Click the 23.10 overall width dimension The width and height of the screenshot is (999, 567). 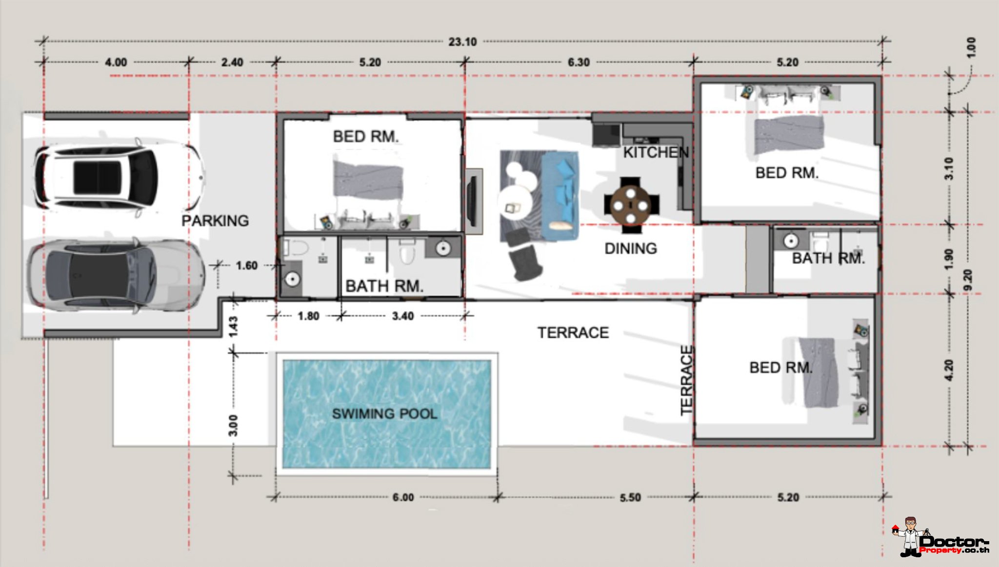[462, 42]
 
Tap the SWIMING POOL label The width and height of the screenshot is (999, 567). [384, 414]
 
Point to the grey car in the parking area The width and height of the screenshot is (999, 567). [116, 275]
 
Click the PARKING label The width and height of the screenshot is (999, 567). [215, 221]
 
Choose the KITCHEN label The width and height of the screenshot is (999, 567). [656, 152]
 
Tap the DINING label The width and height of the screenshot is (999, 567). [631, 248]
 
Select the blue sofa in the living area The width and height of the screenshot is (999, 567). [560, 196]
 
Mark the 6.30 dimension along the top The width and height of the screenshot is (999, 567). [579, 62]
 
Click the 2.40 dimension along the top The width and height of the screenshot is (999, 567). [232, 62]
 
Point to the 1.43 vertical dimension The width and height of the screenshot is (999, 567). [233, 326]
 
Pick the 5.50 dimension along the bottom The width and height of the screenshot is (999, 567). [630, 498]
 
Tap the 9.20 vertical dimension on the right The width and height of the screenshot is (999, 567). [968, 280]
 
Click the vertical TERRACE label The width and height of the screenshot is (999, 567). [686, 380]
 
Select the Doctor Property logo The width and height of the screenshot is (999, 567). [940, 538]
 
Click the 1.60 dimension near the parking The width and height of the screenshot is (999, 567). [246, 265]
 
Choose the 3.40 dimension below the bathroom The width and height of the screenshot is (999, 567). [403, 316]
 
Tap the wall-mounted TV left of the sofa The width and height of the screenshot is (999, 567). [473, 201]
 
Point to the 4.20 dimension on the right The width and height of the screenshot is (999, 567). [949, 370]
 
